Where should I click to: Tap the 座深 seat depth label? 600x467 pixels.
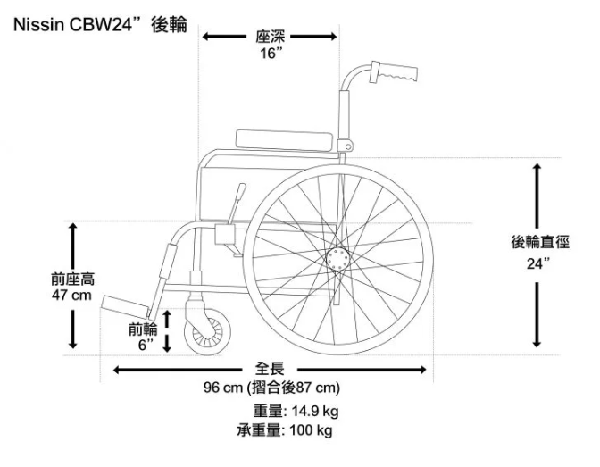269,37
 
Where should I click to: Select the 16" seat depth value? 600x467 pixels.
269,54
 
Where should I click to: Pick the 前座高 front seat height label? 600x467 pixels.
72,279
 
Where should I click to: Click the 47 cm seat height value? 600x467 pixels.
72,296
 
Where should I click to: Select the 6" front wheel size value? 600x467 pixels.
145,344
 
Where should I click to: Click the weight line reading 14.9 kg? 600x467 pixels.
296,412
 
